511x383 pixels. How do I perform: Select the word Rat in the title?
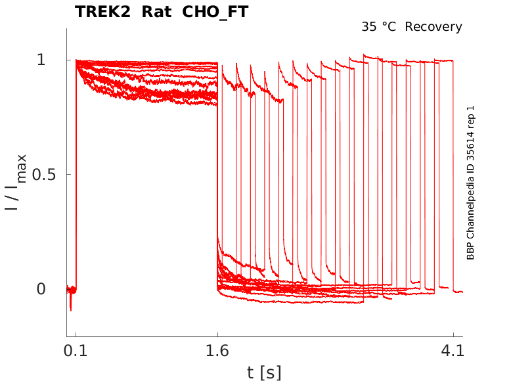pyautogui.click(x=155, y=12)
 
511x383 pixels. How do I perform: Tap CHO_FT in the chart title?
pyautogui.click(x=213, y=12)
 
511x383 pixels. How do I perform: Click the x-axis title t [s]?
pyautogui.click(x=264, y=372)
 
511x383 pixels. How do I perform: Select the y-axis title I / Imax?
pyautogui.click(x=16, y=181)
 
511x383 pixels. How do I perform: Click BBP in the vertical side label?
pyautogui.click(x=470, y=250)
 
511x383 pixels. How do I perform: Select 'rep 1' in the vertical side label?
pyautogui.click(x=470, y=116)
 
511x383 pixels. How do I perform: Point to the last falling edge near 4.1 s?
pyautogui.click(x=453, y=177)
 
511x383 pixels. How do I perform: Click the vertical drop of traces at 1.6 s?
pyautogui.click(x=217, y=177)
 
